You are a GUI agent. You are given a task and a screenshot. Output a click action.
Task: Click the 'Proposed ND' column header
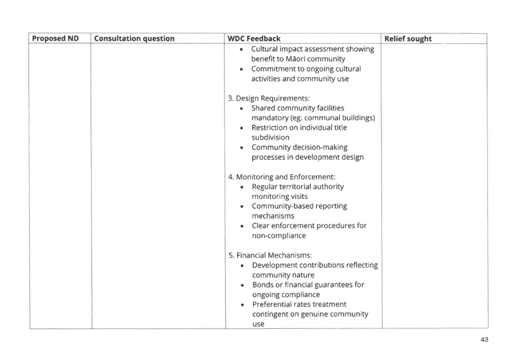(x=55, y=39)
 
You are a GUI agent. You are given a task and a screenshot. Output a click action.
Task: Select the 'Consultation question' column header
(x=134, y=39)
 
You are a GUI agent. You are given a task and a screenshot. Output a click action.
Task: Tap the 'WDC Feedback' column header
(x=254, y=39)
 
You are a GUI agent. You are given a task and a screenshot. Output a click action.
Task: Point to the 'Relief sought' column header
(x=408, y=39)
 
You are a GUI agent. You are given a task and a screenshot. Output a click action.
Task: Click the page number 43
(x=485, y=339)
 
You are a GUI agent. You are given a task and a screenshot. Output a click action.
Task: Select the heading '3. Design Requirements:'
(x=269, y=98)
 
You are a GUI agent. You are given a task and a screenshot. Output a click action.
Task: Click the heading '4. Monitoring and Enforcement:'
(x=282, y=177)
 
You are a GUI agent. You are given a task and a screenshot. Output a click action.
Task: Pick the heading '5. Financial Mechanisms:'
(x=270, y=255)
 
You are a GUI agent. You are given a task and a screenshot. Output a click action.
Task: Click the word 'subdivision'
(x=270, y=137)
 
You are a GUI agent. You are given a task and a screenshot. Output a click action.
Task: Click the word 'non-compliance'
(x=279, y=236)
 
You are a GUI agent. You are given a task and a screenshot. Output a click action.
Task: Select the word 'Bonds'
(x=262, y=285)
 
